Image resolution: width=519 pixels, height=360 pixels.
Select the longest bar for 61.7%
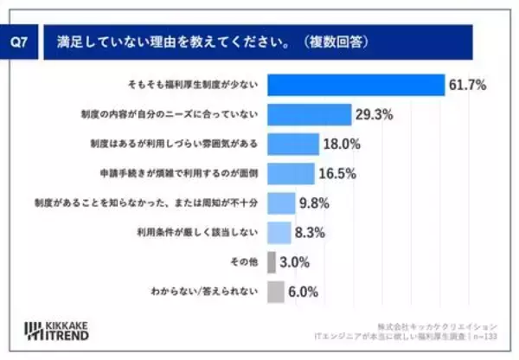(356, 84)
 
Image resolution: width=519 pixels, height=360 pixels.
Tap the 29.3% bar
(309, 113)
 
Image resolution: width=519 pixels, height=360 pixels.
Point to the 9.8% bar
(281, 202)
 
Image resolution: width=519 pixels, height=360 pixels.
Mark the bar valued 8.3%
(279, 232)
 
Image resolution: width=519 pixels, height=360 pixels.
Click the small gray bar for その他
(272, 262)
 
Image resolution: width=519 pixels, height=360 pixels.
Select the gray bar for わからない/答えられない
(276, 292)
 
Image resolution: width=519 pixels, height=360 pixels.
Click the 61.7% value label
(467, 84)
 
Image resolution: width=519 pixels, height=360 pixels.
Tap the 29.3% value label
(375, 113)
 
